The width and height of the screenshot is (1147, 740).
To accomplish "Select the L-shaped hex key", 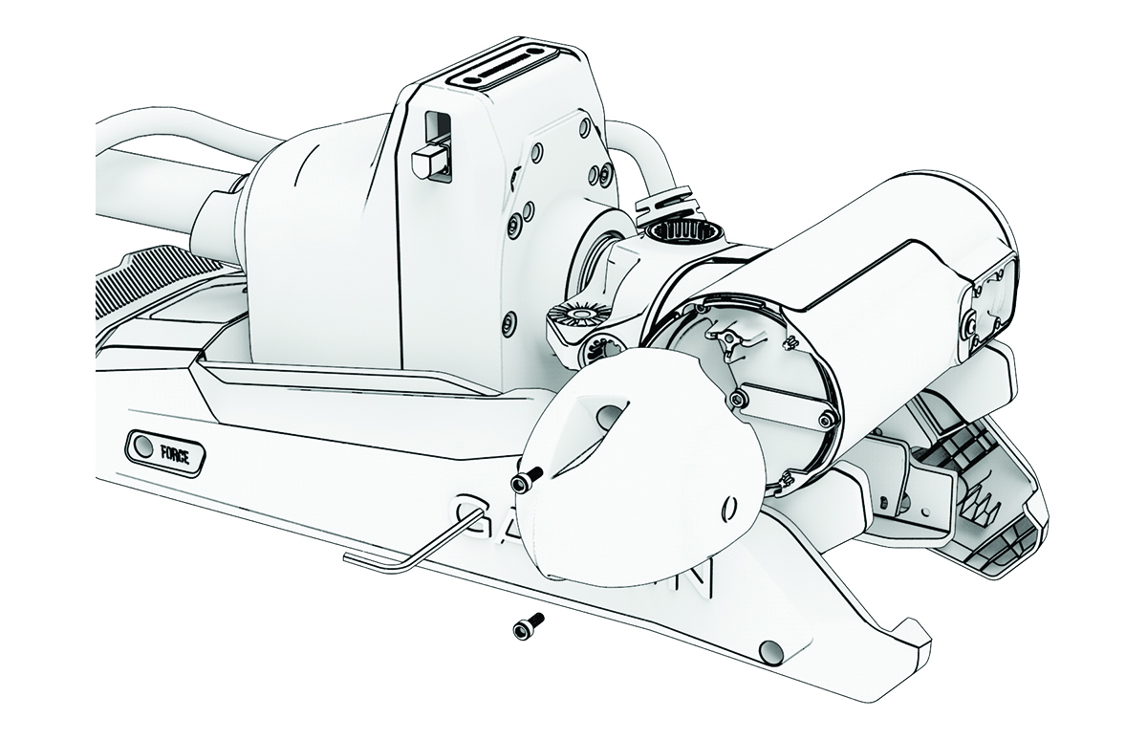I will coord(401,551).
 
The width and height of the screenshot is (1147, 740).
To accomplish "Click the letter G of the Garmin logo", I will coord(476,516).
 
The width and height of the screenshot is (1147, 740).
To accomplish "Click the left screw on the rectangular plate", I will coord(739,396).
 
